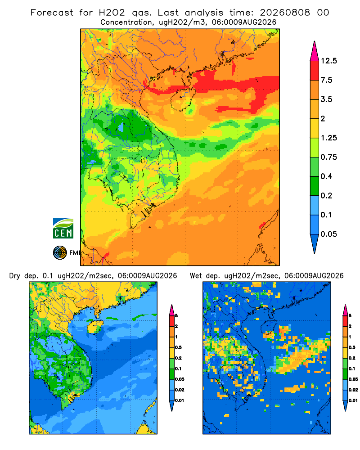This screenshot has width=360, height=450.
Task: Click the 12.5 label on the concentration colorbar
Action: point(328,61)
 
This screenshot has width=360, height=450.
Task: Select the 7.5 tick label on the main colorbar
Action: point(326,80)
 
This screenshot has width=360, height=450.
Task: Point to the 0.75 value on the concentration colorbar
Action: point(328,157)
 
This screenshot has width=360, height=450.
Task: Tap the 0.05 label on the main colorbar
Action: point(328,234)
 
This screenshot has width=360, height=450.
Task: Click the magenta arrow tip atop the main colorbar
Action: point(315,51)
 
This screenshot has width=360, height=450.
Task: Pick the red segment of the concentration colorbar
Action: point(315,71)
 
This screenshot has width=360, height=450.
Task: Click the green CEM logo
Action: point(63,229)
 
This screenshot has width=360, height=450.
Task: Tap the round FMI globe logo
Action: point(60,253)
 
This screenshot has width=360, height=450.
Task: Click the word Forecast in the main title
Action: point(52,13)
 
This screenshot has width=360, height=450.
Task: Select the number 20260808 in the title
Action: point(285,13)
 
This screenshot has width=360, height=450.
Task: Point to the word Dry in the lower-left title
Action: point(15,276)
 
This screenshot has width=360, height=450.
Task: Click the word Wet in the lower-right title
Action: point(196,276)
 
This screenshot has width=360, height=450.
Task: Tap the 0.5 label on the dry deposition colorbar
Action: point(178,347)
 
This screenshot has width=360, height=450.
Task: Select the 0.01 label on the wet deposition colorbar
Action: point(353,400)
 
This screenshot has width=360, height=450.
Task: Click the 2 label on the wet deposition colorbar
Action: point(350,326)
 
